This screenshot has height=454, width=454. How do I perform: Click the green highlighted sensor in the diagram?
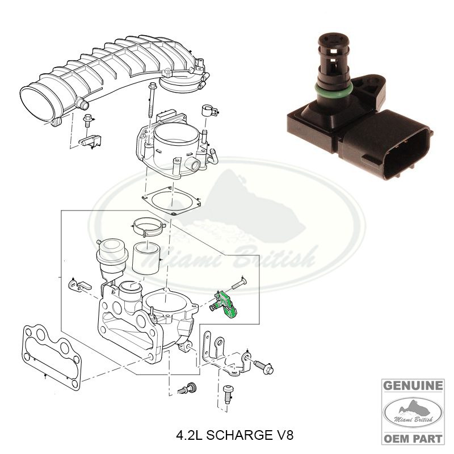pyautogui.click(x=226, y=305)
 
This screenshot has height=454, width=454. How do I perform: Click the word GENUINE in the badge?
pyautogui.click(x=413, y=386)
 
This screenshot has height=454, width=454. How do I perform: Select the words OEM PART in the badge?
pyautogui.click(x=413, y=438)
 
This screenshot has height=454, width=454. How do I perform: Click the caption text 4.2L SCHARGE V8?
pyautogui.click(x=235, y=435)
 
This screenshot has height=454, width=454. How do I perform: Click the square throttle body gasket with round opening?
pyautogui.click(x=171, y=200)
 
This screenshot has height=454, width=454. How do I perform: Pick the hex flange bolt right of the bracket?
pyautogui.click(x=264, y=366)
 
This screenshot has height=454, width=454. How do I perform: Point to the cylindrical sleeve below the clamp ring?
pyautogui.click(x=146, y=258)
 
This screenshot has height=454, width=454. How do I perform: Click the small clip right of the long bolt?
pyautogui.click(x=209, y=110)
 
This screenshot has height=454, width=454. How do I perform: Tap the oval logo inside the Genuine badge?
pyautogui.click(x=413, y=413)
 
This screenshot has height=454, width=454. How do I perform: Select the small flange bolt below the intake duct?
pyautogui.click(x=87, y=121)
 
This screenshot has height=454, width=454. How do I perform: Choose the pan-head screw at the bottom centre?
pyautogui.click(x=228, y=394)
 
